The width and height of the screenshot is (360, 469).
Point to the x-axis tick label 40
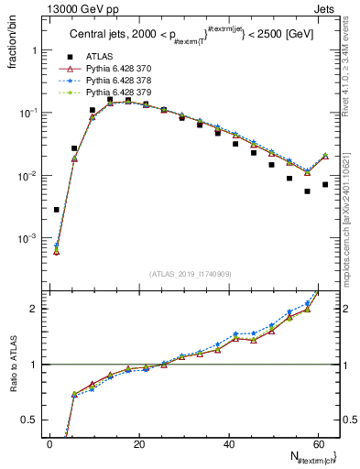(x=228, y=443)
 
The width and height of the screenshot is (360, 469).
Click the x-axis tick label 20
(x=139, y=443)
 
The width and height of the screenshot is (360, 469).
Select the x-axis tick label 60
(x=317, y=443)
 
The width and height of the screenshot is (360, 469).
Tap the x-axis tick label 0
(x=50, y=443)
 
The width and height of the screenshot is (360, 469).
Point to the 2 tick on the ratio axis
(x=37, y=309)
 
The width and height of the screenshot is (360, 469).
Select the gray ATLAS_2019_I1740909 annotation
(x=190, y=273)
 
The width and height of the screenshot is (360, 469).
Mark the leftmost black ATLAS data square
(x=57, y=210)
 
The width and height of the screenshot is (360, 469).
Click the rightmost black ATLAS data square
(x=325, y=184)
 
